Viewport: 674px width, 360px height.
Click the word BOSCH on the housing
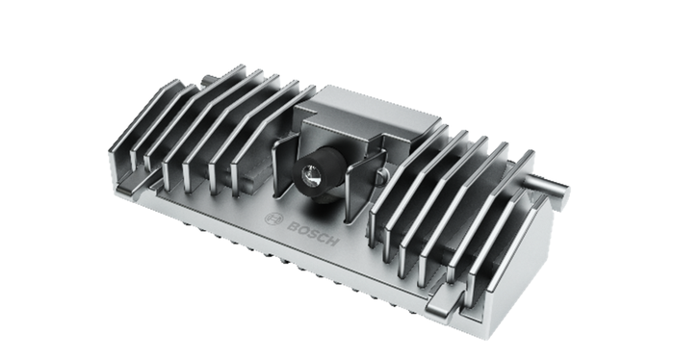pos(313,234)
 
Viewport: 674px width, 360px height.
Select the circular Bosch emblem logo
pos(273,219)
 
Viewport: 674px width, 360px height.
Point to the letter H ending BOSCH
pos(331,241)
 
